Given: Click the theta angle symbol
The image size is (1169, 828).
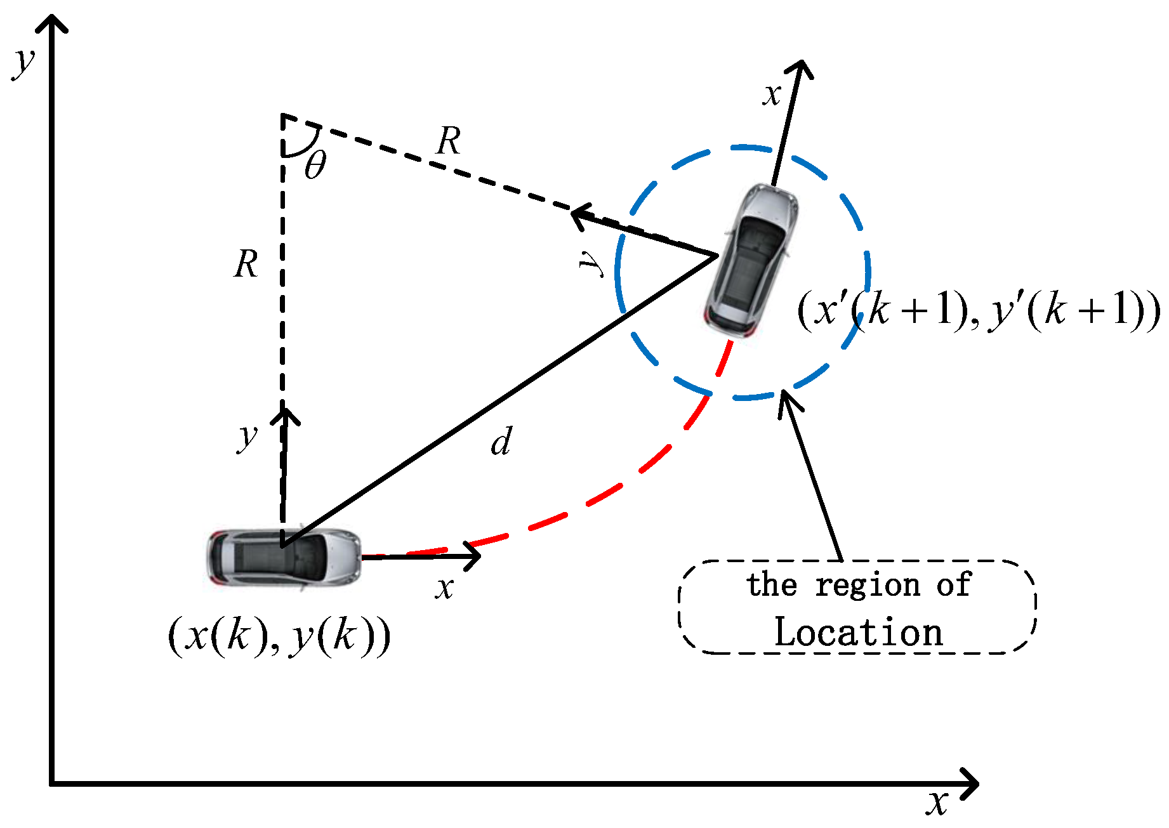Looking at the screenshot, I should [315, 166].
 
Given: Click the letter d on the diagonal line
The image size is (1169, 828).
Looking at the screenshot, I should [501, 442].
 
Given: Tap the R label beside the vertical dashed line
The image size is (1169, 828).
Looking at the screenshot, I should [246, 264].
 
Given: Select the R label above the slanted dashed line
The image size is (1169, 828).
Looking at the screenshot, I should [449, 141].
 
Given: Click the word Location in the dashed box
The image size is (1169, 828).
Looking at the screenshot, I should [859, 632].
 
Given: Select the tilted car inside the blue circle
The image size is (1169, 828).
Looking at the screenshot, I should [753, 260].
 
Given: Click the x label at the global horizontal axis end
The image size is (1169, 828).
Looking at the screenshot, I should [937, 803].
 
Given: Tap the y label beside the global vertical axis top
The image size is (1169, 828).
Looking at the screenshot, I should [24, 62].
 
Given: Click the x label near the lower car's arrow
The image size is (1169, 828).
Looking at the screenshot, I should [445, 588].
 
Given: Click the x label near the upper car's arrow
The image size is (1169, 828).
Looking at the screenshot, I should [772, 95].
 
